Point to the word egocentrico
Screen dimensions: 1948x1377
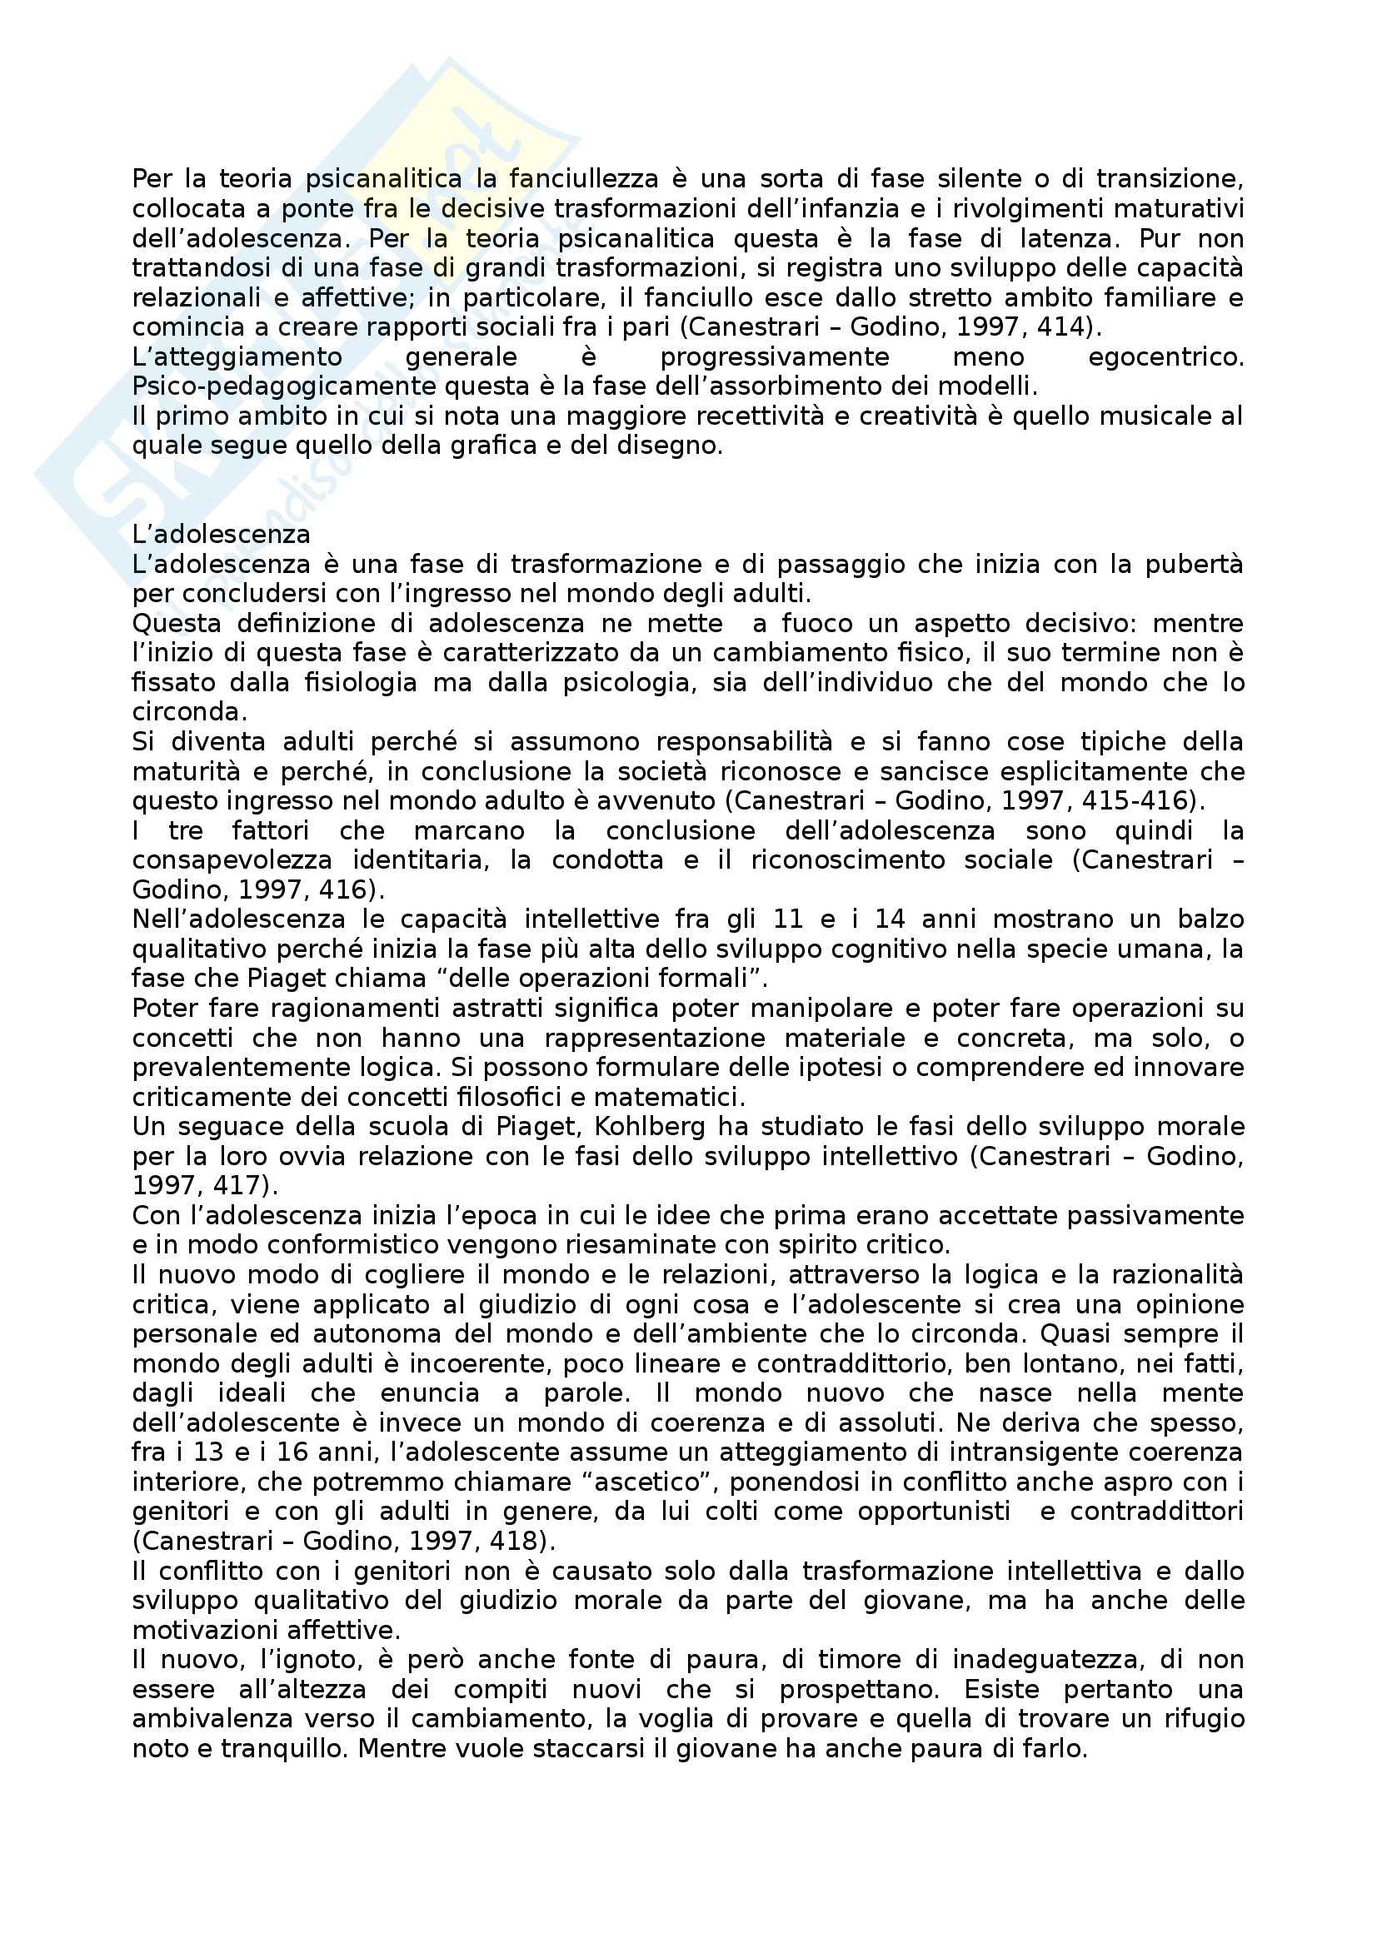pos(1165,357)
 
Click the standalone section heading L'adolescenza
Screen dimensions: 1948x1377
pos(222,535)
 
